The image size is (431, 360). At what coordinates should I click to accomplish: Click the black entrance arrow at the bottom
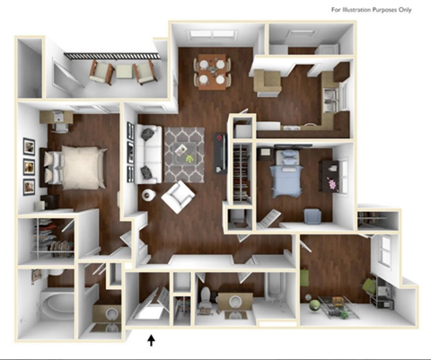151,339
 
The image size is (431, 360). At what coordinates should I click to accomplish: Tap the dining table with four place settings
212,71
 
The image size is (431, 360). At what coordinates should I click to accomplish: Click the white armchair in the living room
179,195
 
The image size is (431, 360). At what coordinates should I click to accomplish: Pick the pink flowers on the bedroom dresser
334,182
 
